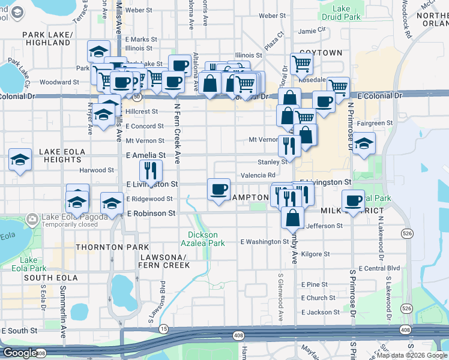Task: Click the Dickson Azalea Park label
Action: pos(206,239)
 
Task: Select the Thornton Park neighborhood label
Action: pos(103,247)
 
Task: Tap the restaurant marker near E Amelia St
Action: pos(151,170)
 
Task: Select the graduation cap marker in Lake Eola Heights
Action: pos(20,160)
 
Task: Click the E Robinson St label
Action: pos(151,213)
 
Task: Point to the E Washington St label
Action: pos(265,242)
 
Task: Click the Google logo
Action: pos(19,353)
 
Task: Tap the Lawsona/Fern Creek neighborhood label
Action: pos(164,261)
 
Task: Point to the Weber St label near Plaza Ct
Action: pos(272,16)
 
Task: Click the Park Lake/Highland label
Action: pos(48,39)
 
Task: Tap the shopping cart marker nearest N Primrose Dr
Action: pos(339,88)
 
